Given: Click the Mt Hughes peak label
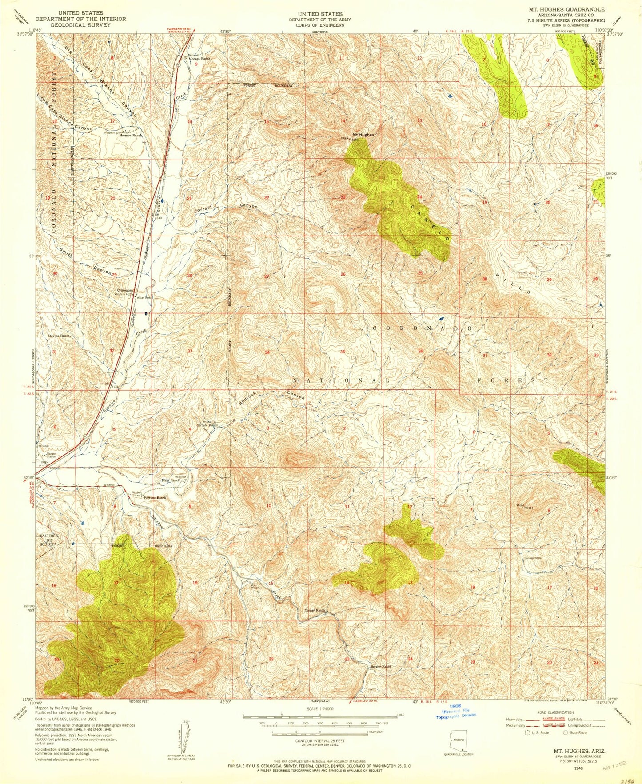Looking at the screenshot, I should pyautogui.click(x=363, y=135).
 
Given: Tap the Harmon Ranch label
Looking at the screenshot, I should pyautogui.click(x=130, y=135).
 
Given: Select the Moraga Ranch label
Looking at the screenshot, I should pyautogui.click(x=199, y=59).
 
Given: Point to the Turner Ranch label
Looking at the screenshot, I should pyautogui.click(x=316, y=610).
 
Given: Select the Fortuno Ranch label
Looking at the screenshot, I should pyautogui.click(x=155, y=498).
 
